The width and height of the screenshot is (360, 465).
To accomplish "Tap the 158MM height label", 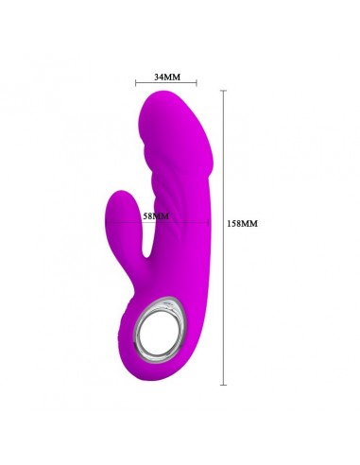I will pos(243,224).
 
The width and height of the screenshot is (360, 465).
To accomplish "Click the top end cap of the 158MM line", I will pos(223,90).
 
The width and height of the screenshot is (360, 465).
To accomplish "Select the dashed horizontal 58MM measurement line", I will pos(180,223).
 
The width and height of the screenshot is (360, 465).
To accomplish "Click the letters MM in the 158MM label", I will pos(251,224).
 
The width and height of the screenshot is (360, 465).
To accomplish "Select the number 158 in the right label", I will pos(236,224).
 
